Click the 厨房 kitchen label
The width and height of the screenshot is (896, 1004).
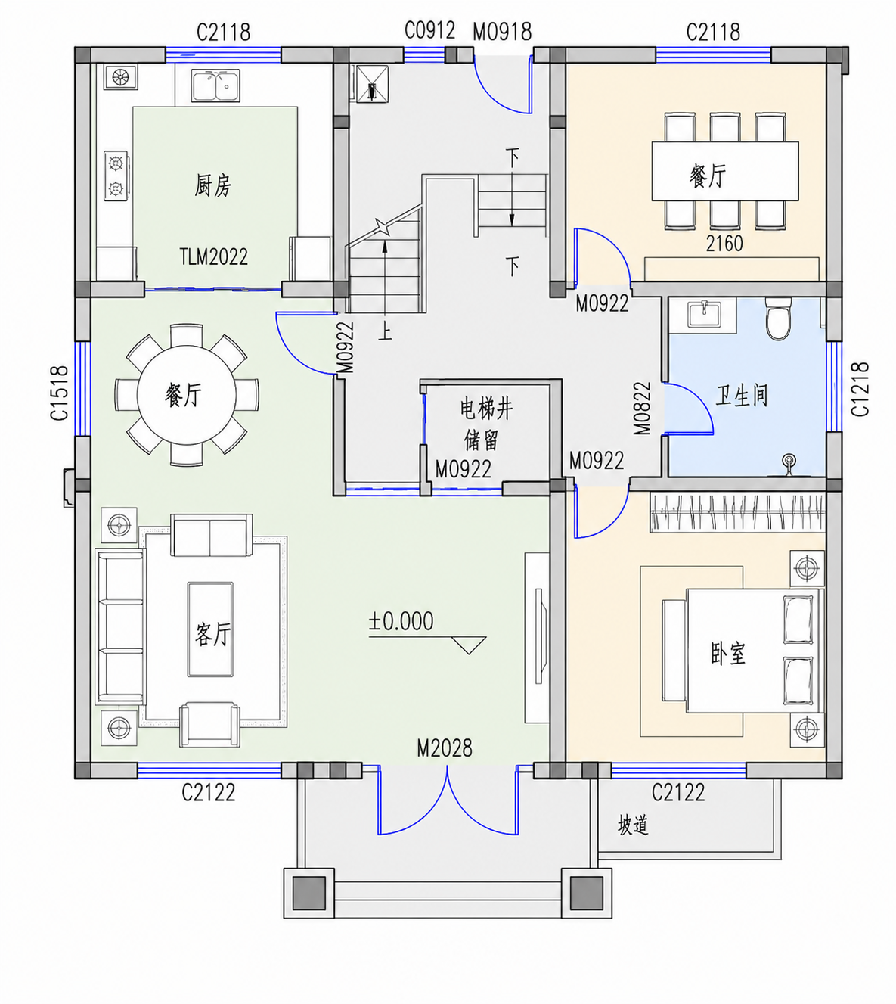(x=212, y=186)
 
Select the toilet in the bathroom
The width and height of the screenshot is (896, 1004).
(x=777, y=319)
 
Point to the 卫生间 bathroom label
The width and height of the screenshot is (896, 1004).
(x=742, y=396)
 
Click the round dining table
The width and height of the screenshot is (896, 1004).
(x=187, y=395)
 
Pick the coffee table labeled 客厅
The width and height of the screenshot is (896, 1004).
(x=210, y=629)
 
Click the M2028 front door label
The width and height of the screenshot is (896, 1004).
(x=445, y=748)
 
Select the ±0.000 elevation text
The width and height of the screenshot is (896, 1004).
(x=401, y=621)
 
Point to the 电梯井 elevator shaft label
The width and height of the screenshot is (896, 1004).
(x=486, y=409)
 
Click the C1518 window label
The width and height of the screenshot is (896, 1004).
(x=60, y=393)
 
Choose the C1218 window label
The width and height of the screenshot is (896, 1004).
(x=860, y=389)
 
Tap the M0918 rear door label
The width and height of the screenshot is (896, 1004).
(x=502, y=33)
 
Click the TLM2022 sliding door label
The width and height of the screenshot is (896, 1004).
(x=213, y=256)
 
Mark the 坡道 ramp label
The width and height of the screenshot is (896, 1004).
(x=633, y=825)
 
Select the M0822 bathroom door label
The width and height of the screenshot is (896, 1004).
(x=643, y=408)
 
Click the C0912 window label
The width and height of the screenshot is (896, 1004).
(x=429, y=30)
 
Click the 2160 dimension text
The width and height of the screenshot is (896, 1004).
(x=724, y=244)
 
